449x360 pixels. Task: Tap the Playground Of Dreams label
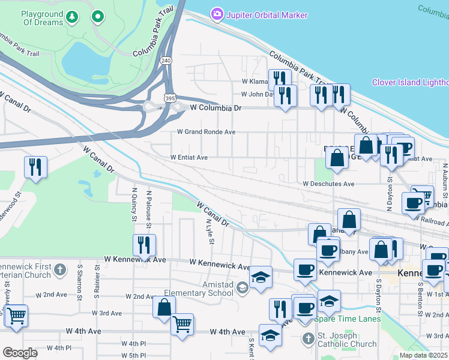click(42, 18)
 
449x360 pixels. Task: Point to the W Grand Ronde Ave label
click(206, 132)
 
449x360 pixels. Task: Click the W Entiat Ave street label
click(188, 157)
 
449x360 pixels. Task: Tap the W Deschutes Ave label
click(328, 184)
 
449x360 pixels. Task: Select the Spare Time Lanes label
click(351, 319)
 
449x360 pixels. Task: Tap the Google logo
click(20, 353)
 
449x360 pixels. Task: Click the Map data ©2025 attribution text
click(424, 355)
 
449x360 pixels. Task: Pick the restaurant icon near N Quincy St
click(145, 244)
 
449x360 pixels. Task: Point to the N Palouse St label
click(149, 209)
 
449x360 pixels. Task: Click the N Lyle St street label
click(209, 231)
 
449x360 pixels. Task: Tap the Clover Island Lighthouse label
click(410, 83)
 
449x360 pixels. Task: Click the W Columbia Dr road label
click(215, 108)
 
